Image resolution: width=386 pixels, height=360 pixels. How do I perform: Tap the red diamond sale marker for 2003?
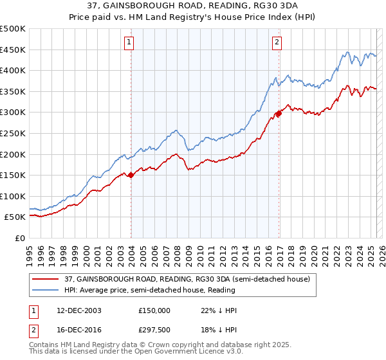pos(131,174)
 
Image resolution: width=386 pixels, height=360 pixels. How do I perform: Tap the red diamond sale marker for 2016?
pos(279,114)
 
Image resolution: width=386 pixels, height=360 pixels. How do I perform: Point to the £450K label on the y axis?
pos(13,50)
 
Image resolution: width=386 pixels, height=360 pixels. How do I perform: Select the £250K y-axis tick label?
pos(13,133)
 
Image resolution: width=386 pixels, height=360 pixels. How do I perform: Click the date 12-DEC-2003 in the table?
pos(78,310)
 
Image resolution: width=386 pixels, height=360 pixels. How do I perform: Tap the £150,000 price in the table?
pos(154,310)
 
